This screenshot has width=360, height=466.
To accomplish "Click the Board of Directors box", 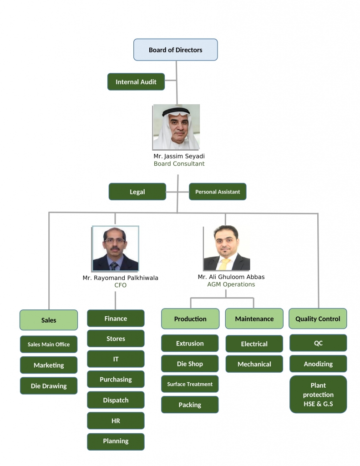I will click(x=175, y=50).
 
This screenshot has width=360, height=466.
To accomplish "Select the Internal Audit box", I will click(x=136, y=82).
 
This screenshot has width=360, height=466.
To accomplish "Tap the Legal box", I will click(x=137, y=192).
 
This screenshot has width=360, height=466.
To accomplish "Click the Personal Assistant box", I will click(x=218, y=192).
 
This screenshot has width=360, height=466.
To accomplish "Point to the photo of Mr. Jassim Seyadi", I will click(x=176, y=127).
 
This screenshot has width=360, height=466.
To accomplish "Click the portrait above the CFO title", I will click(x=115, y=248).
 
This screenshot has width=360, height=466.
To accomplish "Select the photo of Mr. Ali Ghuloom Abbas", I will click(x=226, y=248).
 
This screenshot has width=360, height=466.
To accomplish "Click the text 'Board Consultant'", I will click(x=179, y=164).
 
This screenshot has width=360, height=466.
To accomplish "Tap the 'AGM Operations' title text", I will click(x=231, y=284).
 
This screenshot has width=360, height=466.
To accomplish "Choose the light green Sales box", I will click(x=49, y=320).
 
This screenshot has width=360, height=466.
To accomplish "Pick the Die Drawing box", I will click(x=49, y=386).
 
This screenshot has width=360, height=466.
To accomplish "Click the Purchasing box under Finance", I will click(x=116, y=380).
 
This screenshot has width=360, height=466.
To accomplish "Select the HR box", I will click(x=116, y=421).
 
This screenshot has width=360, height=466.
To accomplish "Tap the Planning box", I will click(x=116, y=441).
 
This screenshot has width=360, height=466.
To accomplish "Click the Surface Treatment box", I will click(x=190, y=384).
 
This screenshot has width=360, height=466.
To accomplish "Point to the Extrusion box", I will click(x=190, y=344).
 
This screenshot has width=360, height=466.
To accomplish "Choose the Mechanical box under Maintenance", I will click(x=254, y=364).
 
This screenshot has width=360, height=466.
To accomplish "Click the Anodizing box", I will click(x=318, y=364).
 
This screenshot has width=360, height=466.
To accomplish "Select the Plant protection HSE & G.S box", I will click(x=318, y=395).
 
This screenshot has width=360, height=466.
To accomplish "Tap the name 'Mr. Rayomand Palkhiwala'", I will click(x=120, y=278).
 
